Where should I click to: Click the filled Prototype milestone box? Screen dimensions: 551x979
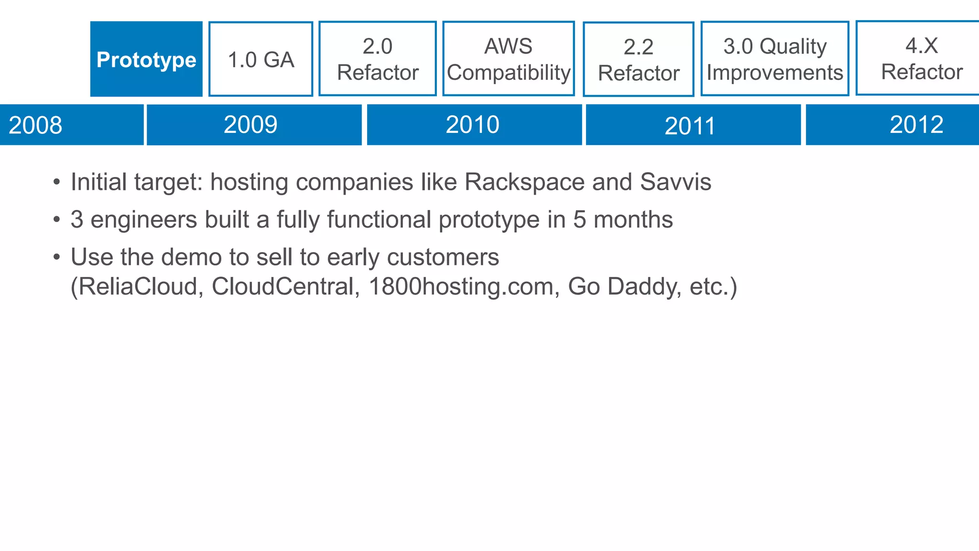pos(146,59)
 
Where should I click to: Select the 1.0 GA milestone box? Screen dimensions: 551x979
pos(261,59)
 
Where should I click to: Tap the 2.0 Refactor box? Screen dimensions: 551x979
pos(378,59)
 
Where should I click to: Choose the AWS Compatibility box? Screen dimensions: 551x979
pos(509,59)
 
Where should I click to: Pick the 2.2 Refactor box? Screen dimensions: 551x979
pos(639,60)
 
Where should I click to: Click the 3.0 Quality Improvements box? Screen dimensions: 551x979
pos(775,59)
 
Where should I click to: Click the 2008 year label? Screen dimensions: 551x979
pos(35,125)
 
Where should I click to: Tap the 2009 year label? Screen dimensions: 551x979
pos(250,125)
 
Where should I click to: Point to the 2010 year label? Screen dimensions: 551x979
pos(472,125)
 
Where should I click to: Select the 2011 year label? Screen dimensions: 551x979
pos(690,126)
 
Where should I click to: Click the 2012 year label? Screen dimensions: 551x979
pos(916,125)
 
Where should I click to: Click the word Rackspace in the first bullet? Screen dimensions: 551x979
pos(524,182)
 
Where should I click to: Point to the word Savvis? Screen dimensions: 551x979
pos(675,182)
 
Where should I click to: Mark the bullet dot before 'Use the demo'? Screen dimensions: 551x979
pos(57,257)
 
